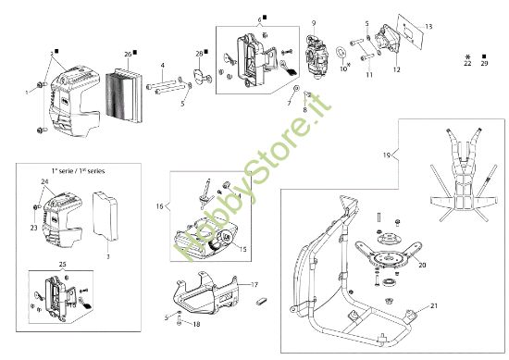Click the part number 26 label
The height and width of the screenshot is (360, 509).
point(128,54)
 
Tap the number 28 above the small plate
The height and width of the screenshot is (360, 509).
point(199,55)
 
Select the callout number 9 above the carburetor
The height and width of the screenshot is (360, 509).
point(314,23)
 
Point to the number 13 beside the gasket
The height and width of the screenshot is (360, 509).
point(428,26)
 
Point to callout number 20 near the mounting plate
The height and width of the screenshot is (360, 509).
point(422,265)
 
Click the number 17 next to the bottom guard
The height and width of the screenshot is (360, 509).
point(255,284)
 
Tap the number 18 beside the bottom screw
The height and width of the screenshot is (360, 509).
point(196,324)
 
